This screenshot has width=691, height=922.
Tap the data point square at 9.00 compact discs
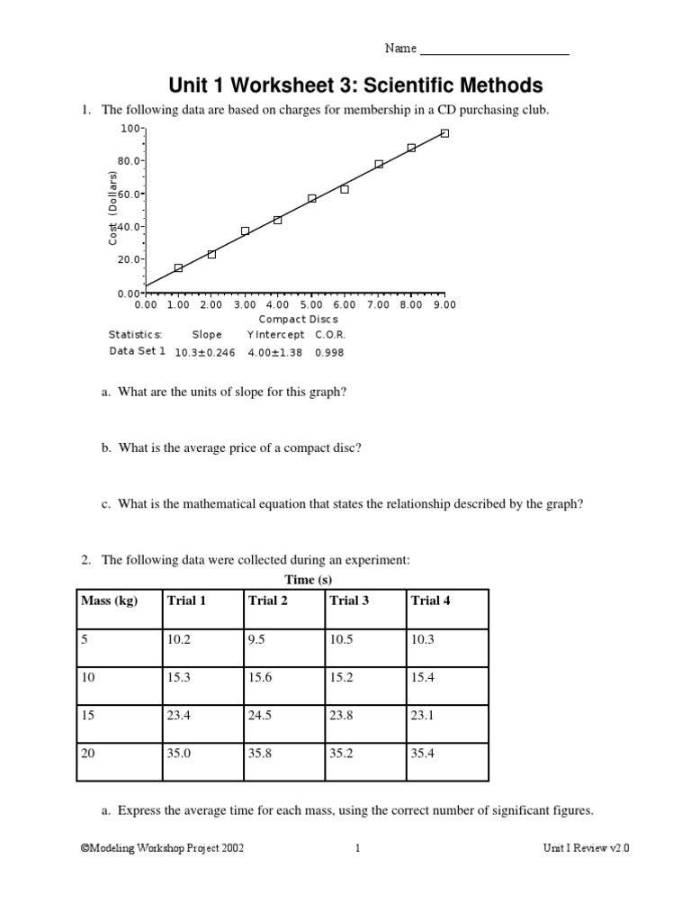(x=444, y=133)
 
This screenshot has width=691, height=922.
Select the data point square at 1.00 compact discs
(x=178, y=267)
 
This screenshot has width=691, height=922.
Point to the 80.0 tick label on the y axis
(x=130, y=161)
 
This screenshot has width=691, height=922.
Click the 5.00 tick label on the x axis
(x=311, y=305)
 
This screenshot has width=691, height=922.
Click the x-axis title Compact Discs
(x=298, y=319)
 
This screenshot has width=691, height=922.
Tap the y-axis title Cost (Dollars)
(x=113, y=208)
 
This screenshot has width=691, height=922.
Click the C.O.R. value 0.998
(x=329, y=352)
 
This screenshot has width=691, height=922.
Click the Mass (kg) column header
(x=109, y=601)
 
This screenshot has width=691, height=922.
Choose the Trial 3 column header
(x=349, y=601)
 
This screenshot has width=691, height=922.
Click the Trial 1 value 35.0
(x=179, y=754)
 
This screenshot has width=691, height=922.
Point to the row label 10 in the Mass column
(x=88, y=677)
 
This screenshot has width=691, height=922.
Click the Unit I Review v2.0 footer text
(x=585, y=848)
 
